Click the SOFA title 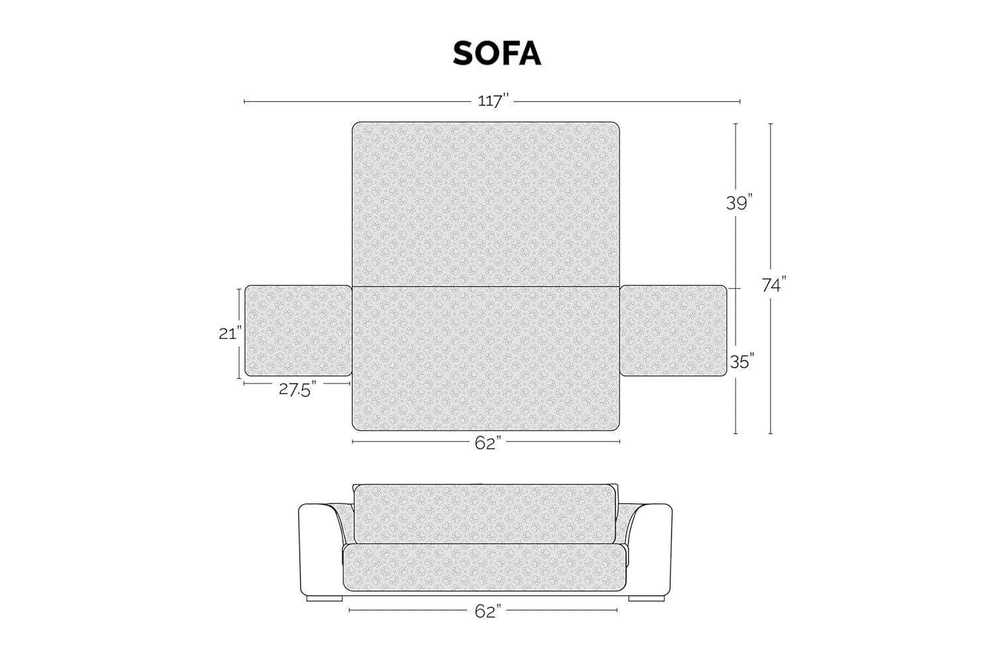pyautogui.click(x=497, y=54)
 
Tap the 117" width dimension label pyautogui.click(x=493, y=101)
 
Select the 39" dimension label pyautogui.click(x=740, y=203)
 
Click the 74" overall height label pyautogui.click(x=773, y=285)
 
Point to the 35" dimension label pyautogui.click(x=742, y=362)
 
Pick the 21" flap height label pyautogui.click(x=229, y=334)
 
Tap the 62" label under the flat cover pyautogui.click(x=486, y=444)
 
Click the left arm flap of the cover pyautogui.click(x=298, y=331)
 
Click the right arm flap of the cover pyautogui.click(x=673, y=331)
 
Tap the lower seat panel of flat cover pyautogui.click(x=485, y=358)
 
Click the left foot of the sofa pyautogui.click(x=325, y=597)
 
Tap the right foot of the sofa pyautogui.click(x=646, y=597)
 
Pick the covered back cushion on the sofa pyautogui.click(x=485, y=513)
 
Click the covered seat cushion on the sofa pyautogui.click(x=485, y=567)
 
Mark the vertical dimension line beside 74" pyautogui.click(x=771, y=371)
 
